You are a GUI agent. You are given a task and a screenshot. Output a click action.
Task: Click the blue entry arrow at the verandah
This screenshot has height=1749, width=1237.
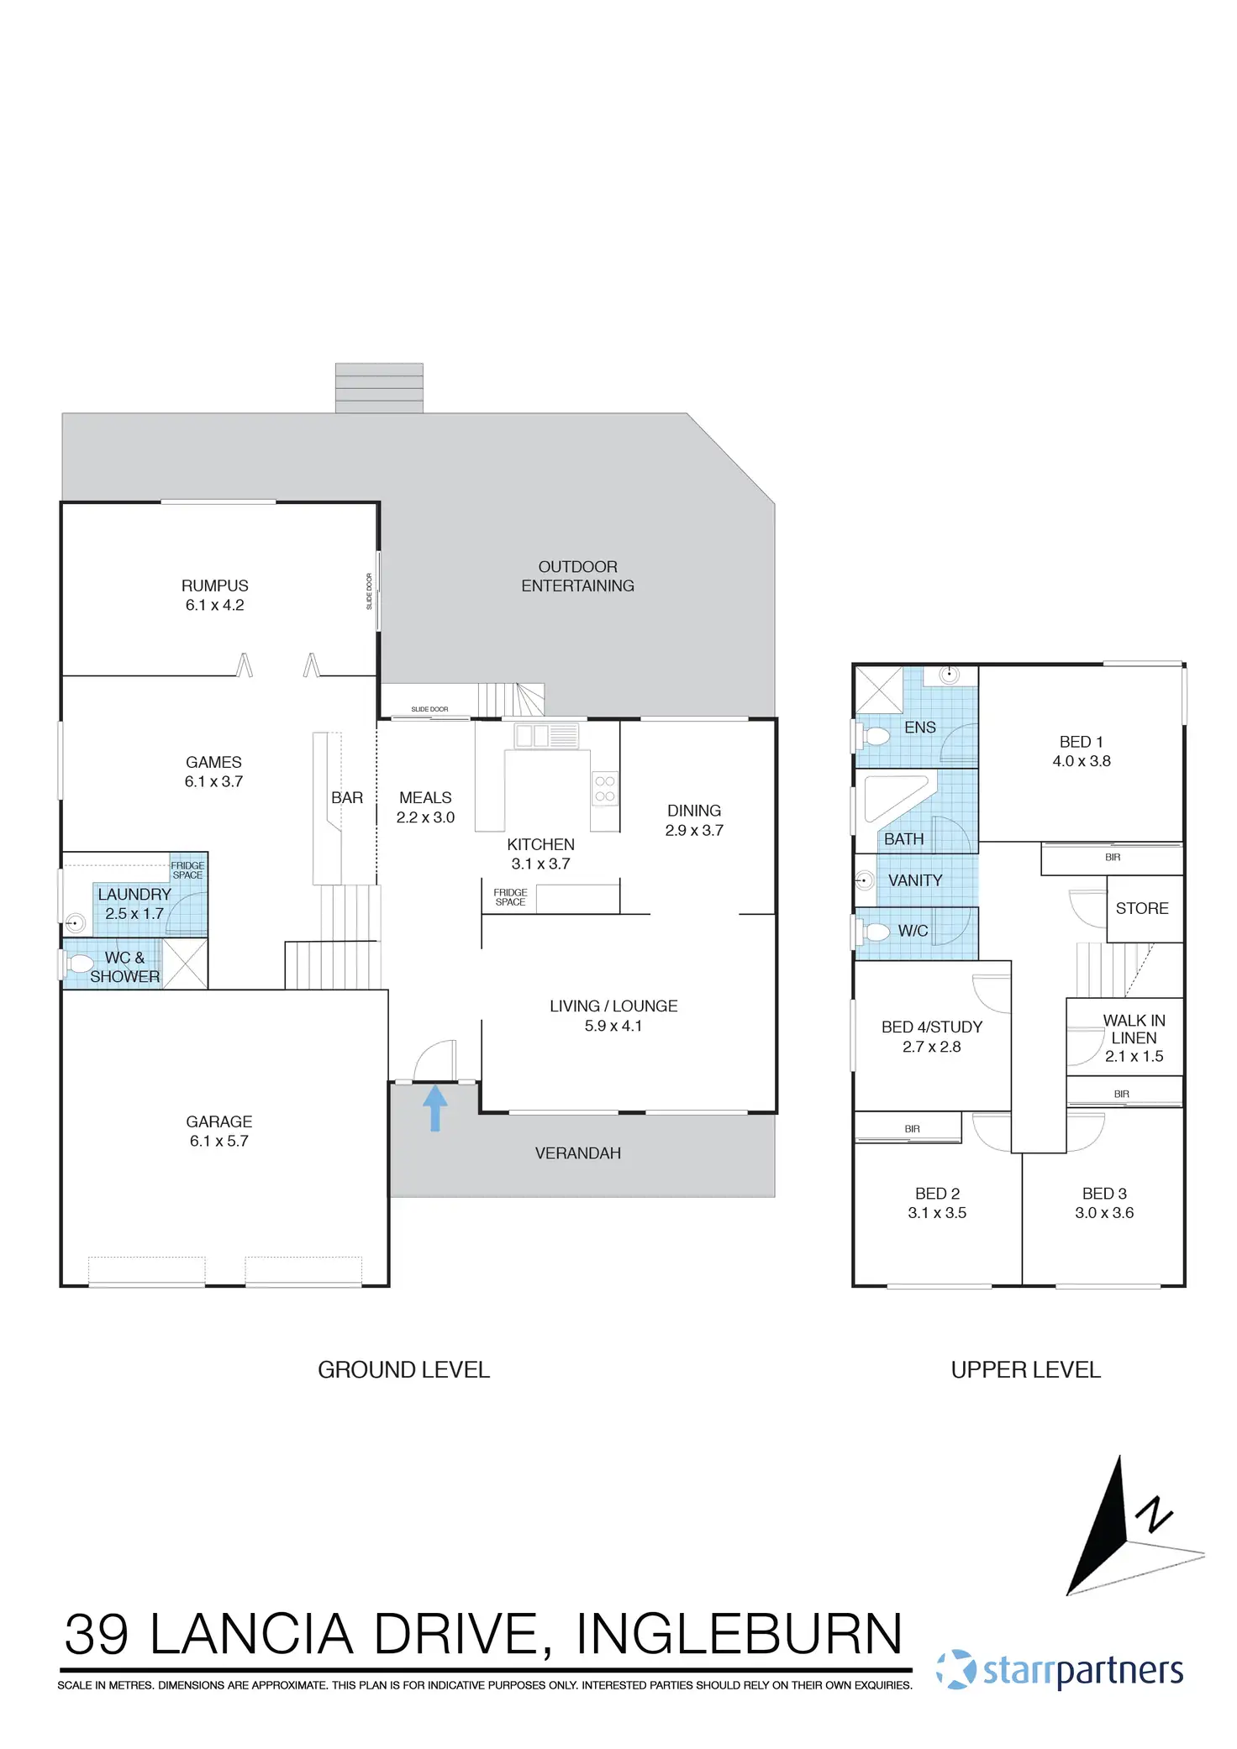[434, 1108]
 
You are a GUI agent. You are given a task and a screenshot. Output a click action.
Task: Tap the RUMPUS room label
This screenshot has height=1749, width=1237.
[215, 586]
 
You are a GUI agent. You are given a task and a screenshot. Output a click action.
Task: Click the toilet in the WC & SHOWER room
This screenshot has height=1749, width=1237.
[79, 964]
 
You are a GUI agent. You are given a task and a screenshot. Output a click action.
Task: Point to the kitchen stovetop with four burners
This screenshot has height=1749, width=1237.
[605, 789]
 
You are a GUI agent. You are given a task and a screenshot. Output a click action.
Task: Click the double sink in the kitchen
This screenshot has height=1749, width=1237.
[532, 736]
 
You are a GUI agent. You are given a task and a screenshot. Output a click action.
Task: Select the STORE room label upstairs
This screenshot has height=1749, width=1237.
[1142, 908]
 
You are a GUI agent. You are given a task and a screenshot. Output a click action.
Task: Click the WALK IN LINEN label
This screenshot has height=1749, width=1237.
[1134, 1029]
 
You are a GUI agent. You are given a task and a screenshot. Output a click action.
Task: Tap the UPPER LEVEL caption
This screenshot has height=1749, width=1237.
[1025, 1370]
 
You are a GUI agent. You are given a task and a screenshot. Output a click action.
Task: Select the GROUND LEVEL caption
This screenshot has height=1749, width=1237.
[403, 1370]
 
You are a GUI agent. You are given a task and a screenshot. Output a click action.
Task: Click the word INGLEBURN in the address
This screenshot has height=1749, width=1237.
[739, 1635]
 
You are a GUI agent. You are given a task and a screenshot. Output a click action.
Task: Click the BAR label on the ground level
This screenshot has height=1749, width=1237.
[347, 798]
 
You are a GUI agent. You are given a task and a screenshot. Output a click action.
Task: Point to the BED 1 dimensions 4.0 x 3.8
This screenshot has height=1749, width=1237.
[1082, 761]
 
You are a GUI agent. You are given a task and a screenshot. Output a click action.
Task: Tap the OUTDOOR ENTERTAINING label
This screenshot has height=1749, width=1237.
[578, 576]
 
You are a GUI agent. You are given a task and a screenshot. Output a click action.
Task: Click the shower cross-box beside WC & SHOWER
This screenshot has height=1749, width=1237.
[185, 964]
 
